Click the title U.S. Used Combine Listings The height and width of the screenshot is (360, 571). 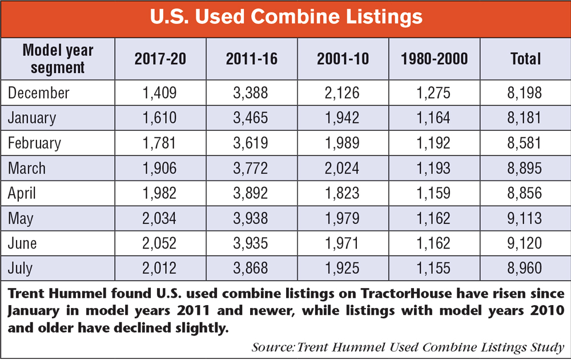pyautogui.click(x=285, y=17)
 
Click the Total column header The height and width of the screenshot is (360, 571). pyautogui.click(x=525, y=59)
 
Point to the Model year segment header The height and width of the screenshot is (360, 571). pyautogui.click(x=57, y=58)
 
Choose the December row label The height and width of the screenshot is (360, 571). pyautogui.click(x=39, y=93)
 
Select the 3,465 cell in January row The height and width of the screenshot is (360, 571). pyautogui.click(x=251, y=118)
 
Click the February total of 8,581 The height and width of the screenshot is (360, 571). pyautogui.click(x=525, y=143)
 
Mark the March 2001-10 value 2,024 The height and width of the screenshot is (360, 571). pyautogui.click(x=342, y=168)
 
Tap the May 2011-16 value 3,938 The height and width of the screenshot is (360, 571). pyautogui.click(x=251, y=218)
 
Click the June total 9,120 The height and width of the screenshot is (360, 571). pyautogui.click(x=525, y=243)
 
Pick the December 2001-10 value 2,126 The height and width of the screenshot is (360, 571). pyautogui.click(x=342, y=93)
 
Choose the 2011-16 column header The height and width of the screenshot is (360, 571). pyautogui.click(x=251, y=59)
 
